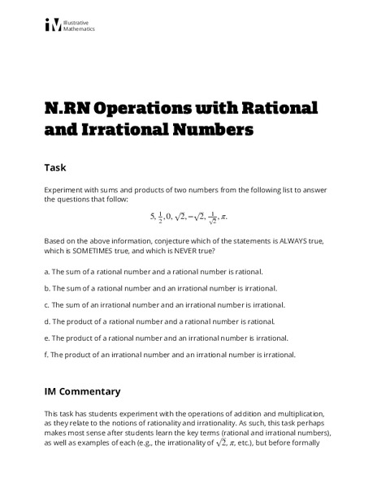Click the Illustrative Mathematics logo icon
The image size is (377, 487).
(53, 25)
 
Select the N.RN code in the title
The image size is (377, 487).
(71, 108)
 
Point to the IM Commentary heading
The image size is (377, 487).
(82, 391)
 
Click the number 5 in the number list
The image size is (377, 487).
(152, 216)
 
